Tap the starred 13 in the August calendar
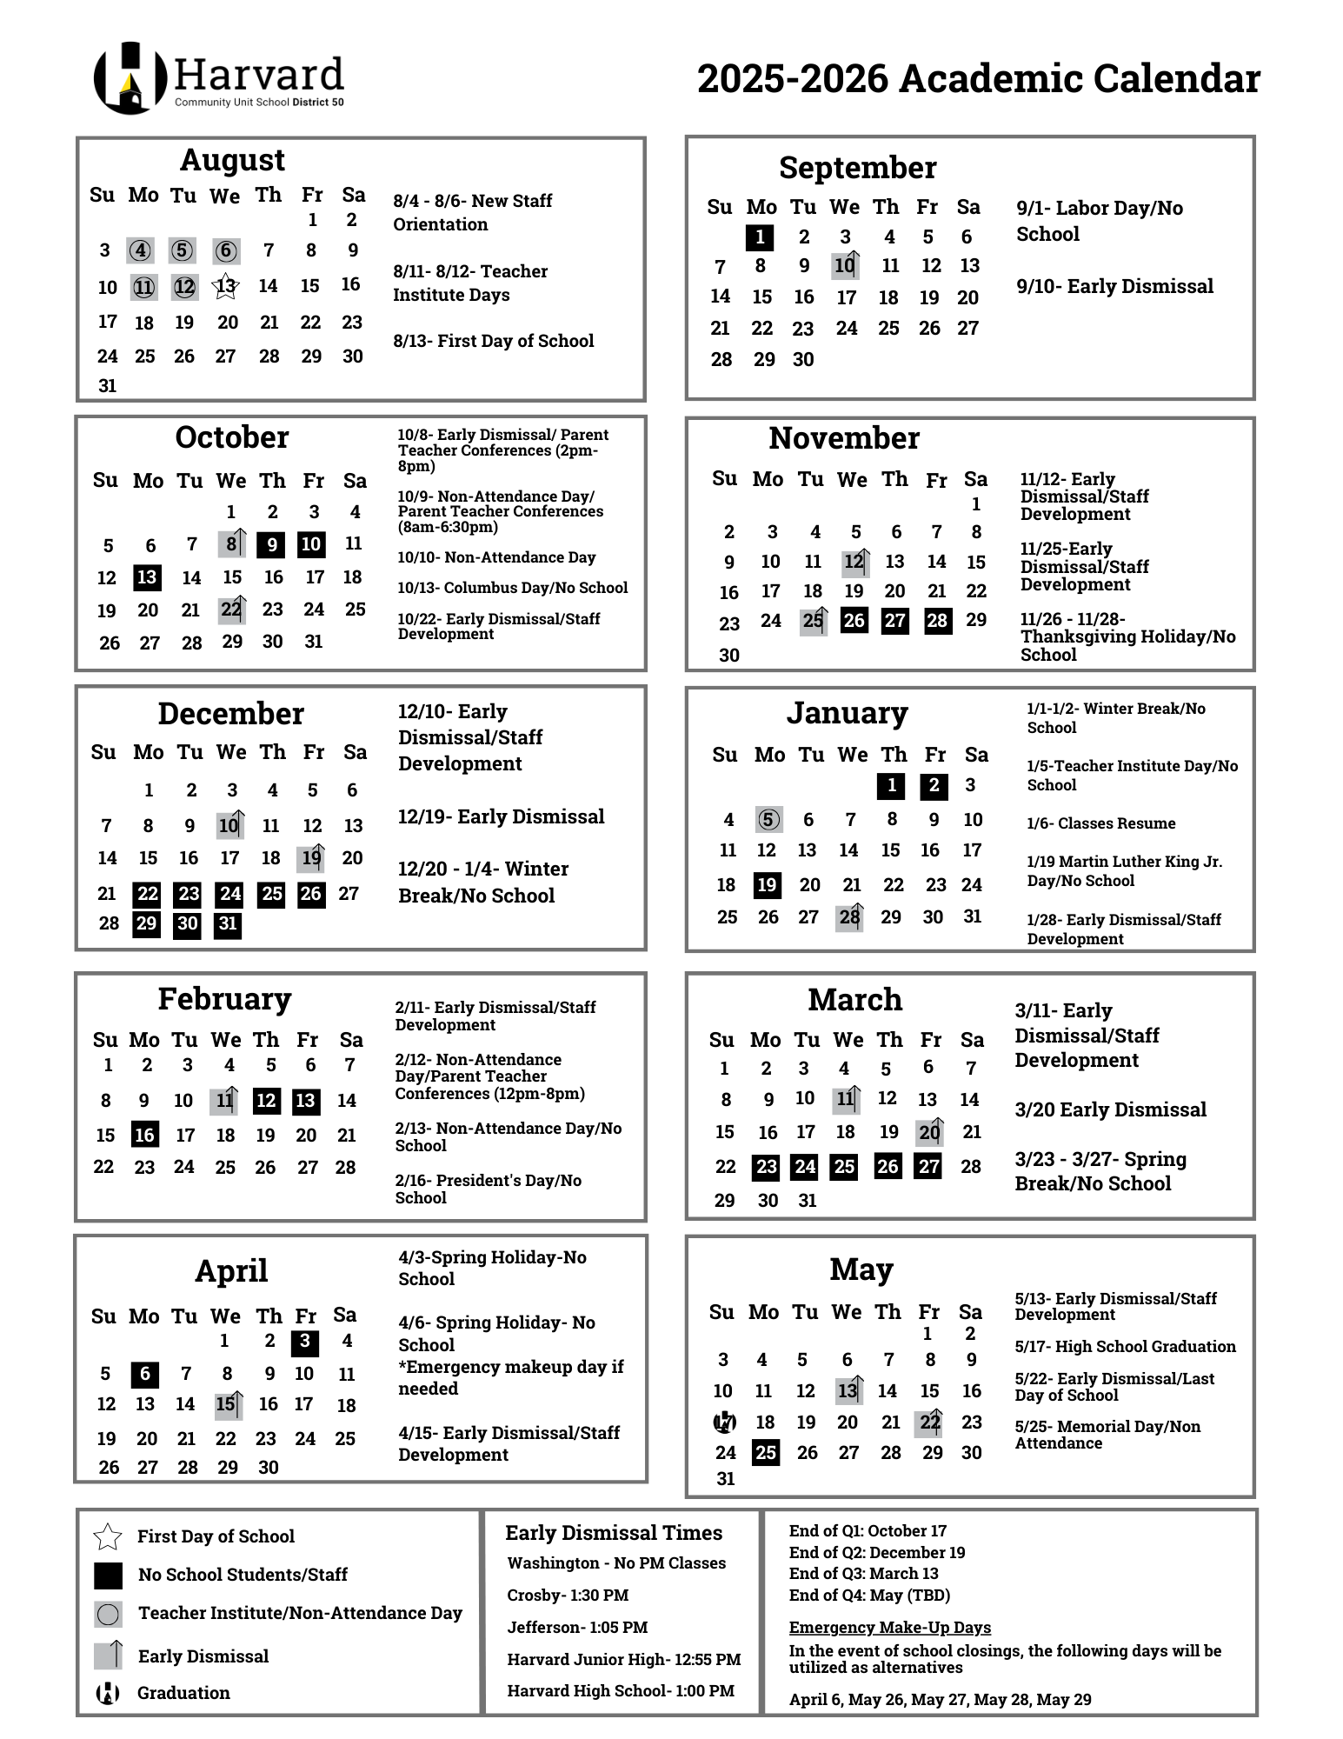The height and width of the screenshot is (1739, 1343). click(225, 286)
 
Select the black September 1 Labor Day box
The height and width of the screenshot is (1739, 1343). click(760, 237)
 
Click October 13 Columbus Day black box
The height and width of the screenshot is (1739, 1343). click(148, 577)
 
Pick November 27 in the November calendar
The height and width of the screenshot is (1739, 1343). click(894, 621)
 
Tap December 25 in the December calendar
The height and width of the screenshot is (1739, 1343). click(271, 894)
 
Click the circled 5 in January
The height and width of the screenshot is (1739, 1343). click(768, 820)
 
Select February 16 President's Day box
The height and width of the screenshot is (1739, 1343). click(144, 1135)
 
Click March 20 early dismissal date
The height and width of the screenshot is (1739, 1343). click(929, 1132)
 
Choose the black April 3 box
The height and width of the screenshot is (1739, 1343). click(304, 1342)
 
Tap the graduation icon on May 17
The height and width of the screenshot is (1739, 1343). click(724, 1423)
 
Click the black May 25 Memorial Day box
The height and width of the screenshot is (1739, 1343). click(765, 1453)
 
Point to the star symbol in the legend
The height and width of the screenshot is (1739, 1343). click(108, 1536)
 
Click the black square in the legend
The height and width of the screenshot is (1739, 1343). click(108, 1575)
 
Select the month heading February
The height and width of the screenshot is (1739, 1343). click(224, 999)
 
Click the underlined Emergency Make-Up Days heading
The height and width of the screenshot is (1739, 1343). click(889, 1628)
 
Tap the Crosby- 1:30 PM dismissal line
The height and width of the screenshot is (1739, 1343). click(568, 1596)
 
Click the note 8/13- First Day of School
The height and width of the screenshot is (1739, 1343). click(493, 341)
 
